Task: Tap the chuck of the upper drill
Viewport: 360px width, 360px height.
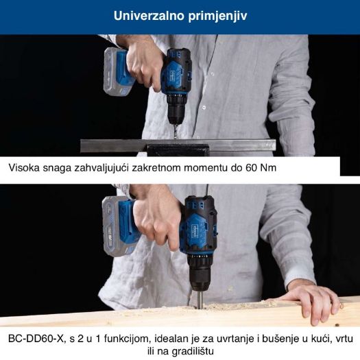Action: click(176, 113)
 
